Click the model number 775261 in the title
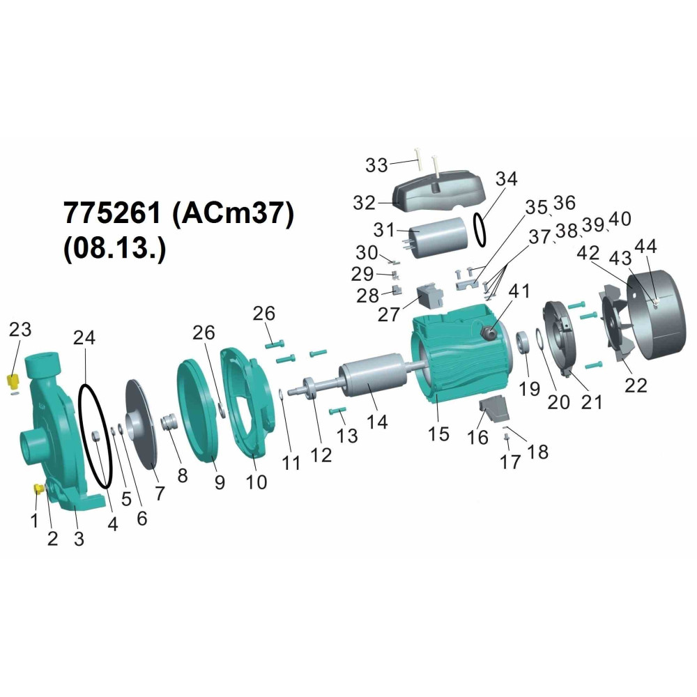pos(112,213)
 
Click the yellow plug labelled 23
pos(13,381)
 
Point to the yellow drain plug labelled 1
pos(38,489)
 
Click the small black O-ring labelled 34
pos(480,229)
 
